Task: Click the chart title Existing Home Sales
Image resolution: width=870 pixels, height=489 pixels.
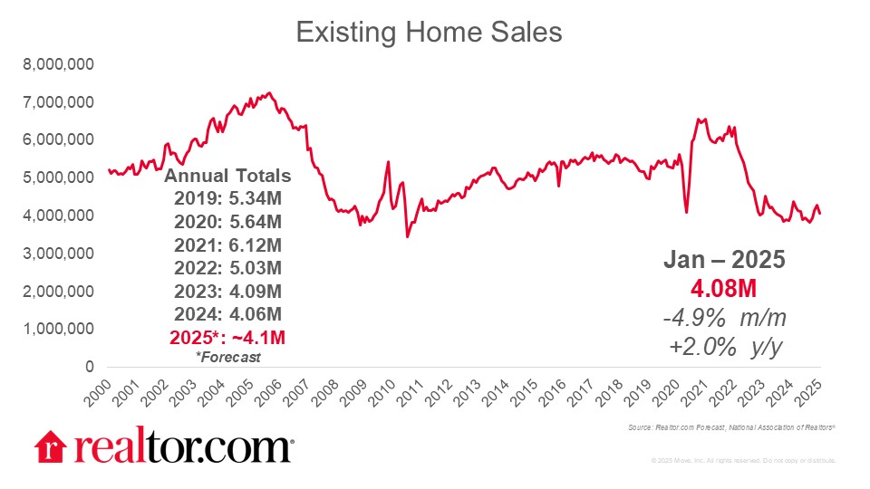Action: coord(430,33)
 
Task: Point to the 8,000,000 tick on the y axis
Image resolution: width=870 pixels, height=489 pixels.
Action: coord(60,64)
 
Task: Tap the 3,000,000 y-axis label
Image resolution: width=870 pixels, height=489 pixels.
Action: coord(60,254)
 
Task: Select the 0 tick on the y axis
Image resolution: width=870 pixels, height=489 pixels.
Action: coord(89,367)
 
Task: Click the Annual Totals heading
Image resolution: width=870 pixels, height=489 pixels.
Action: coord(228,176)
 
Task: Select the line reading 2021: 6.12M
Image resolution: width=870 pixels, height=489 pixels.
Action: coord(228,244)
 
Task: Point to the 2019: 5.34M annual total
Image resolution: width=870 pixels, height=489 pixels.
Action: coord(228,199)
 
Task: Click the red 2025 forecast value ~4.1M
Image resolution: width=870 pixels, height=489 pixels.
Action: coord(228,337)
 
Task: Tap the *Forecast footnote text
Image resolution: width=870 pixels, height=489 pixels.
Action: coord(228,357)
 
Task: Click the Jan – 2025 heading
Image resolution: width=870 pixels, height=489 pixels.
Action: coord(722,260)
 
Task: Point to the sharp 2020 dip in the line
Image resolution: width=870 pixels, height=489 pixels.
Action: coord(686,212)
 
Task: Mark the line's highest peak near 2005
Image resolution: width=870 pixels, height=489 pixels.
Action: coord(267,92)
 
